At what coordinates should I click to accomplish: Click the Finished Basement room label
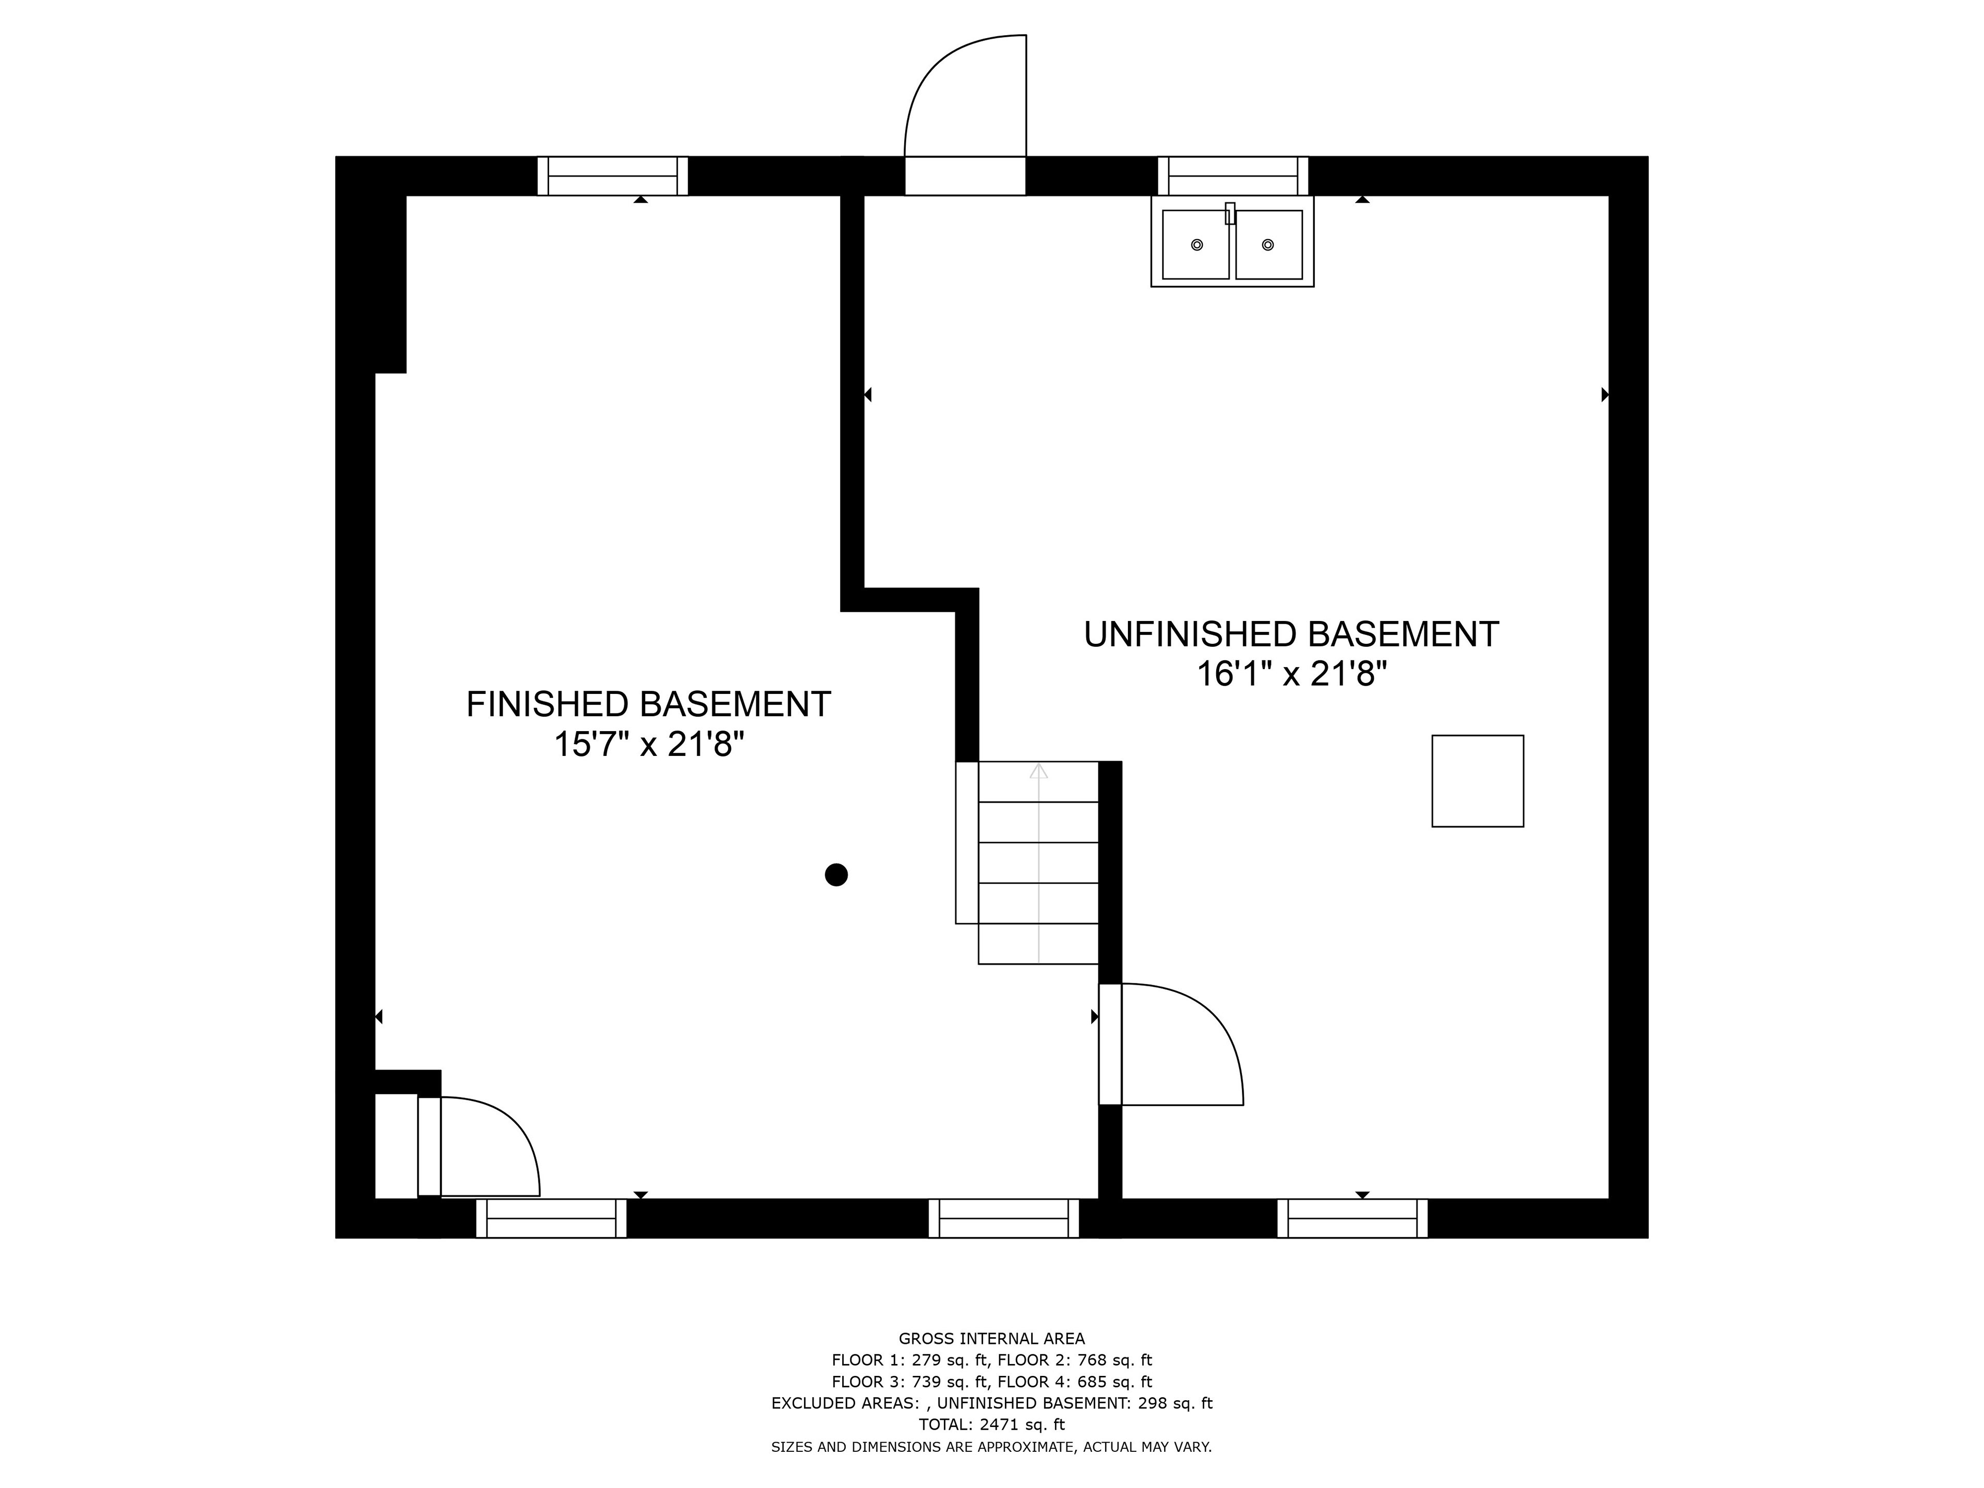click(x=648, y=704)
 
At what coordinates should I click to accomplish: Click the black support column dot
click(x=836, y=875)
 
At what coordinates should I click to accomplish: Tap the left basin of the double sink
click(x=1196, y=245)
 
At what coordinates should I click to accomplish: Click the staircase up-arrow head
click(x=1038, y=770)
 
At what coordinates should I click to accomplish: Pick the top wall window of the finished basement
click(x=613, y=176)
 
